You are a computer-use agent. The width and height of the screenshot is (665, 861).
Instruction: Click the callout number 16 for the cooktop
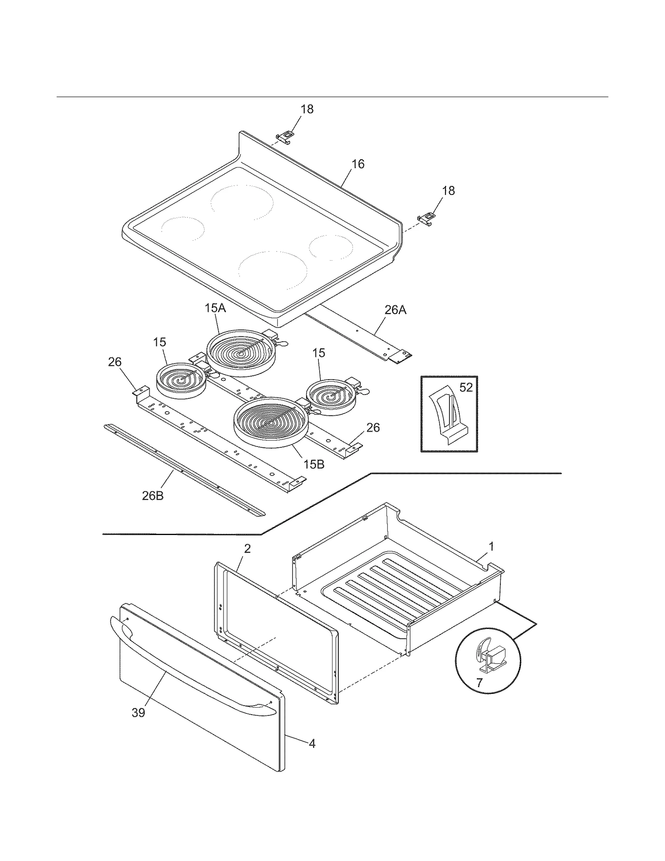(x=358, y=164)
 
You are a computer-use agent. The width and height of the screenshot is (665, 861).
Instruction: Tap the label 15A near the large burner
(x=215, y=308)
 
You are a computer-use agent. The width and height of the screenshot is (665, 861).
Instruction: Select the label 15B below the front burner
(x=314, y=464)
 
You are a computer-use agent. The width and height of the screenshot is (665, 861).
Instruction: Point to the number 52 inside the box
(x=466, y=387)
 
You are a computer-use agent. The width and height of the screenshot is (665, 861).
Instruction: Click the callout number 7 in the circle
(x=479, y=683)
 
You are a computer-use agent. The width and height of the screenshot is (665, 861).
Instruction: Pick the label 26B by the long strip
(x=153, y=496)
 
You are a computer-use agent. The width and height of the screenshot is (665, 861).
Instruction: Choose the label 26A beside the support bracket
(x=395, y=310)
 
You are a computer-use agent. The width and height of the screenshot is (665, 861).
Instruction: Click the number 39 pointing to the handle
(x=138, y=713)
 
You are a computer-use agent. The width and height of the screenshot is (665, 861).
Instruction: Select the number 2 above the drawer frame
(x=247, y=549)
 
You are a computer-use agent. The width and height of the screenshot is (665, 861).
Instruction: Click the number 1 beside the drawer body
(x=491, y=547)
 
